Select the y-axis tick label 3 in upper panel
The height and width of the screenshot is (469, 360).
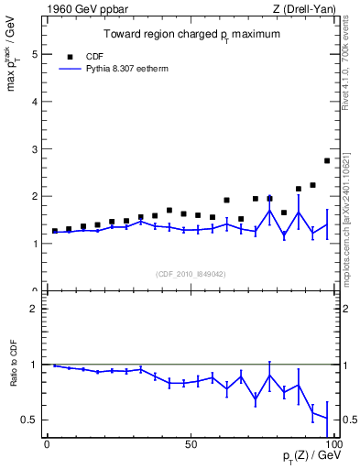pos(35,148)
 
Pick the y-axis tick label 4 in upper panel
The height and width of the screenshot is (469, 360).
pos(35,102)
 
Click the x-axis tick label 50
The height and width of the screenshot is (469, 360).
pos(190,444)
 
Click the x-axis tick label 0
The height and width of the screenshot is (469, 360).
pos(47,444)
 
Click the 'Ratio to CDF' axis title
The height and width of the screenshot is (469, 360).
pos(14,376)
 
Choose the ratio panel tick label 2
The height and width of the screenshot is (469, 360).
pos(35,309)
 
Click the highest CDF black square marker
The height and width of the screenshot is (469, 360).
pos(327,160)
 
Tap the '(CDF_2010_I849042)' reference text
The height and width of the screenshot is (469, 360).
pos(190,272)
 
